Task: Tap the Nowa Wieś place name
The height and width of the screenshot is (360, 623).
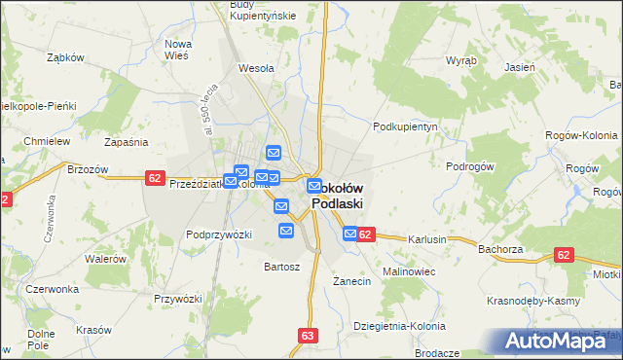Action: (x=178, y=50)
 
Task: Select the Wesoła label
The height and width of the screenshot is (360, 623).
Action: (x=257, y=69)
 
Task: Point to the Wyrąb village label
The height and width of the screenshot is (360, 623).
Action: (x=460, y=60)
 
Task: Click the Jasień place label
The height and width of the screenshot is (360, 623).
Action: (x=519, y=68)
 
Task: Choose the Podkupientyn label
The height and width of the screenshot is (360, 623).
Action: (x=408, y=127)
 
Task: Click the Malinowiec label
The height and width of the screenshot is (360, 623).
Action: (x=409, y=271)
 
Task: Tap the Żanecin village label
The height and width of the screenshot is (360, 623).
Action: (x=351, y=281)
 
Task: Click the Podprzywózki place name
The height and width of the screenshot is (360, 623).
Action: (x=219, y=234)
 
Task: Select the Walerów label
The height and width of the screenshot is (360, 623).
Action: (x=106, y=259)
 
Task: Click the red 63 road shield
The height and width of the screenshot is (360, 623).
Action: (x=309, y=336)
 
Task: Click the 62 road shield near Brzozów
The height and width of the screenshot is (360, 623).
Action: (x=155, y=177)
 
